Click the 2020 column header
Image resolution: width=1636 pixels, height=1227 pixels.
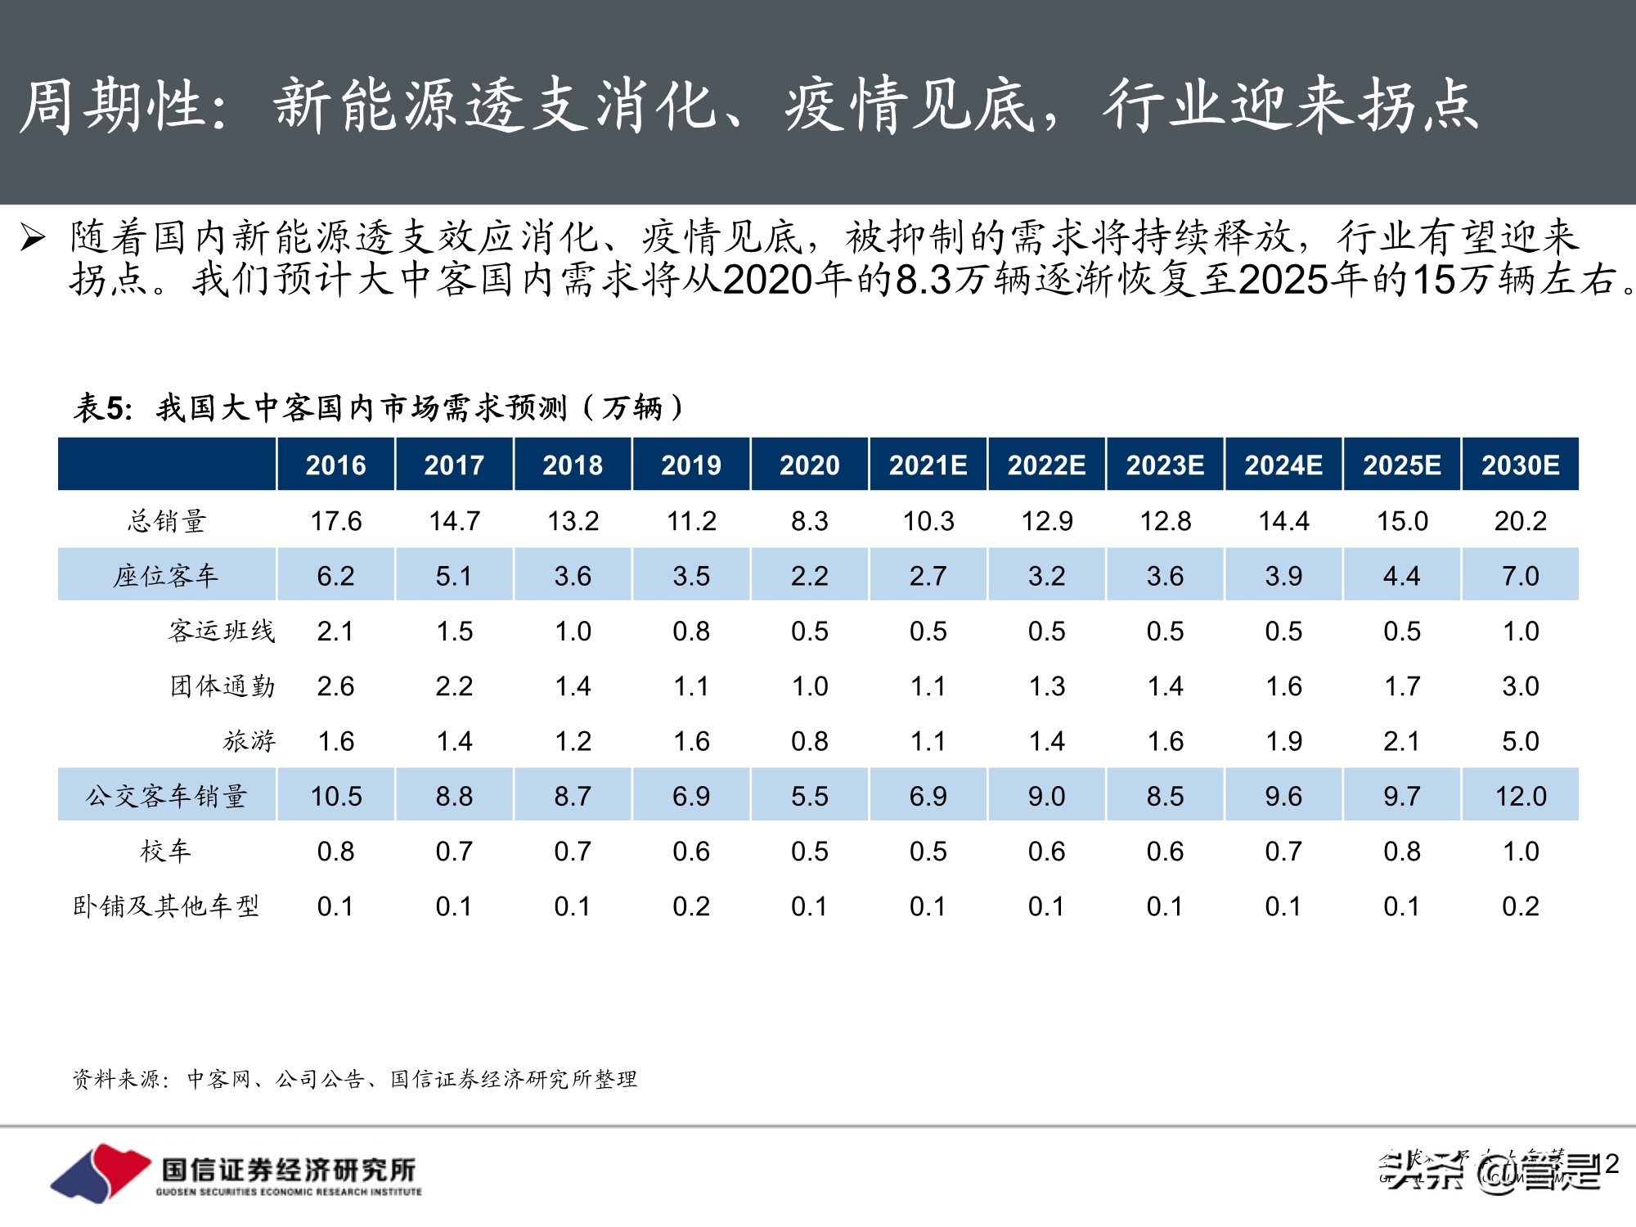(809, 465)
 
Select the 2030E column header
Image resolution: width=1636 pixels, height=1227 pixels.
(1520, 465)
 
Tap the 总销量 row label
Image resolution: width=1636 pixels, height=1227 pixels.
(167, 521)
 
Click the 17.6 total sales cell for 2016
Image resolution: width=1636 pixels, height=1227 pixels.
(335, 521)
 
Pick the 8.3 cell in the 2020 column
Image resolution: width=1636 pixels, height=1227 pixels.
(809, 521)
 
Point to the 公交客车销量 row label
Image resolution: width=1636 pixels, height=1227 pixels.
(167, 796)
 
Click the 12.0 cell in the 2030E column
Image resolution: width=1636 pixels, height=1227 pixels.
(1520, 796)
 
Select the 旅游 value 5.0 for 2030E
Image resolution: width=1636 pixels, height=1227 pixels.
(1520, 741)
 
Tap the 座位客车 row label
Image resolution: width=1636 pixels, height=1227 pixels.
(167, 576)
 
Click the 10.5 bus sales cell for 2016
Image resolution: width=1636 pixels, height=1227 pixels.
(335, 796)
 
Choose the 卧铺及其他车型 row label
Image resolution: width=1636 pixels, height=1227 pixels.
(167, 906)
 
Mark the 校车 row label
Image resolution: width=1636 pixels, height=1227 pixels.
(167, 852)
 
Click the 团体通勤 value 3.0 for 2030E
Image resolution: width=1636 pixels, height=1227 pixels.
(1520, 686)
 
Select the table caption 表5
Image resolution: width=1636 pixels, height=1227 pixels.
(103, 407)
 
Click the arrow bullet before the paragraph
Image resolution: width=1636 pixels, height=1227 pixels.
(33, 238)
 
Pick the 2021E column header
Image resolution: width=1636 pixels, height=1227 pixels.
(928, 465)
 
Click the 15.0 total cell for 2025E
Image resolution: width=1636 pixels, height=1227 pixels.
(1401, 521)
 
